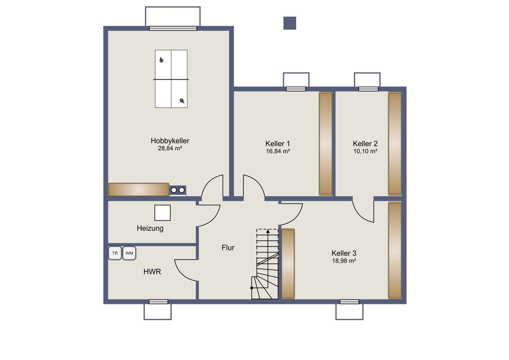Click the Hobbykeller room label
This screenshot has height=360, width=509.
point(170,141)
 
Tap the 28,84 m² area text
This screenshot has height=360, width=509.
point(170,148)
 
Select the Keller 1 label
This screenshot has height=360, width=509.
point(278,144)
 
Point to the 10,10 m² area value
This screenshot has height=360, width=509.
point(365,151)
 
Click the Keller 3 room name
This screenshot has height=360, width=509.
point(344,253)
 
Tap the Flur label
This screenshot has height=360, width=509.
point(228,247)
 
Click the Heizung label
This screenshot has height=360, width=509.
point(150,228)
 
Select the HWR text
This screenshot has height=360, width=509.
point(152,272)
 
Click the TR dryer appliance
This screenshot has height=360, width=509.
point(115,253)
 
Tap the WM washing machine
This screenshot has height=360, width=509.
point(129,253)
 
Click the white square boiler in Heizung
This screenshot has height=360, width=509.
point(162,213)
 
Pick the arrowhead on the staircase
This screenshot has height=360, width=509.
point(268,231)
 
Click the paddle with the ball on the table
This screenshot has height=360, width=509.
point(161,60)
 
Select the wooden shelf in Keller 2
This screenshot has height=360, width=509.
point(395,144)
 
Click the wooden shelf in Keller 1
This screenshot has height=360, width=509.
point(326,144)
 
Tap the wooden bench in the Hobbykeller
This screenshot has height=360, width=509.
point(139,189)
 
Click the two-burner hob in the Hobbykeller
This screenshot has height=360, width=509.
point(178,190)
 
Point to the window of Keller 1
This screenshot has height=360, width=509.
point(296,89)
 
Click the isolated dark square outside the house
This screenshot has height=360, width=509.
point(290,23)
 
